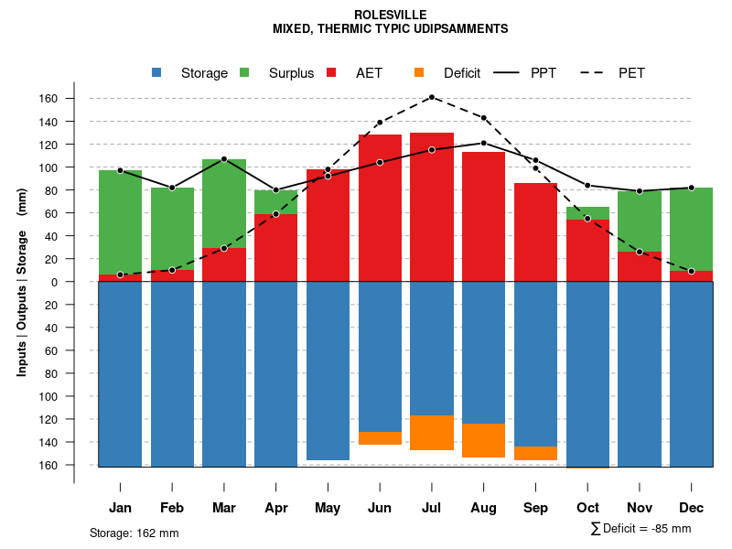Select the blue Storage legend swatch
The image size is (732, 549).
157,72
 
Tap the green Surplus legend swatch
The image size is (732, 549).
244,72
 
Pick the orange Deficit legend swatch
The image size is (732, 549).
419,72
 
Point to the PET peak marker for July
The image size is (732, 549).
431,97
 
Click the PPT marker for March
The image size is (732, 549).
224,159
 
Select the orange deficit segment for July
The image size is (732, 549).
431,433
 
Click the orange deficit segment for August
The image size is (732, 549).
483,440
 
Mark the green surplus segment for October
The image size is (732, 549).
587,212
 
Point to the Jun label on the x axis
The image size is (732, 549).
380,508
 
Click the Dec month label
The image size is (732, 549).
692,508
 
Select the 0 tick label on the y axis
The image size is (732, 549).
81,282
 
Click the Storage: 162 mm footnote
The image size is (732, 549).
134,533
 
